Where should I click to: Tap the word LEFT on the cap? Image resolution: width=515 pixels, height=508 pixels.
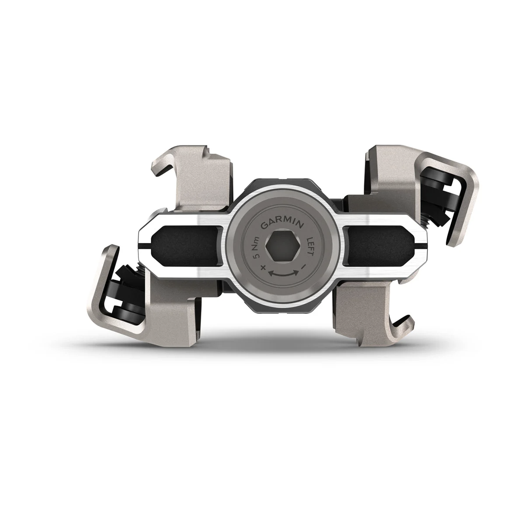pos(310,245)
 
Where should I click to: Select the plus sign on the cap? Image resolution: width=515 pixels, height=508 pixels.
pos(263,267)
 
